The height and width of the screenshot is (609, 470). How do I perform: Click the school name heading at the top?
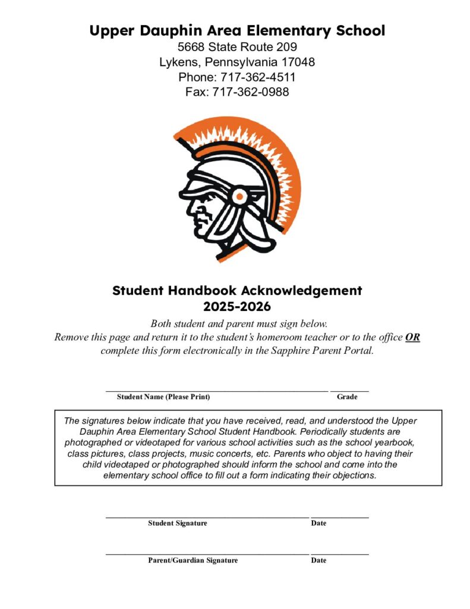click(237, 30)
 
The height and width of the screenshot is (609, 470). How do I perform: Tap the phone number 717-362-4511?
click(258, 77)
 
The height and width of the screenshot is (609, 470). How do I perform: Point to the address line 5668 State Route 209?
click(237, 46)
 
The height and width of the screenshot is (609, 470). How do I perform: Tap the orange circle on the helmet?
click(239, 196)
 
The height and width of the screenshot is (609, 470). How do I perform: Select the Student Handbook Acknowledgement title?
click(237, 291)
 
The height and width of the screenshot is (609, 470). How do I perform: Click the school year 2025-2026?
click(237, 307)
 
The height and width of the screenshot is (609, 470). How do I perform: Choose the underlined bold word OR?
click(412, 337)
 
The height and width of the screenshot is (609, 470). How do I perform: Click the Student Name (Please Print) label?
click(163, 397)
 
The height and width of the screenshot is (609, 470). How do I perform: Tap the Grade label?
click(347, 397)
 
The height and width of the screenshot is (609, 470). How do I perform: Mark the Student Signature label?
click(178, 523)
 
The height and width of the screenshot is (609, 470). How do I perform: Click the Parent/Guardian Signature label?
click(193, 560)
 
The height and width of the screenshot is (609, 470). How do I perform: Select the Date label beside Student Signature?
click(318, 523)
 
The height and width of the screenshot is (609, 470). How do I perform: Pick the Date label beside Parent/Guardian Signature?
click(318, 560)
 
